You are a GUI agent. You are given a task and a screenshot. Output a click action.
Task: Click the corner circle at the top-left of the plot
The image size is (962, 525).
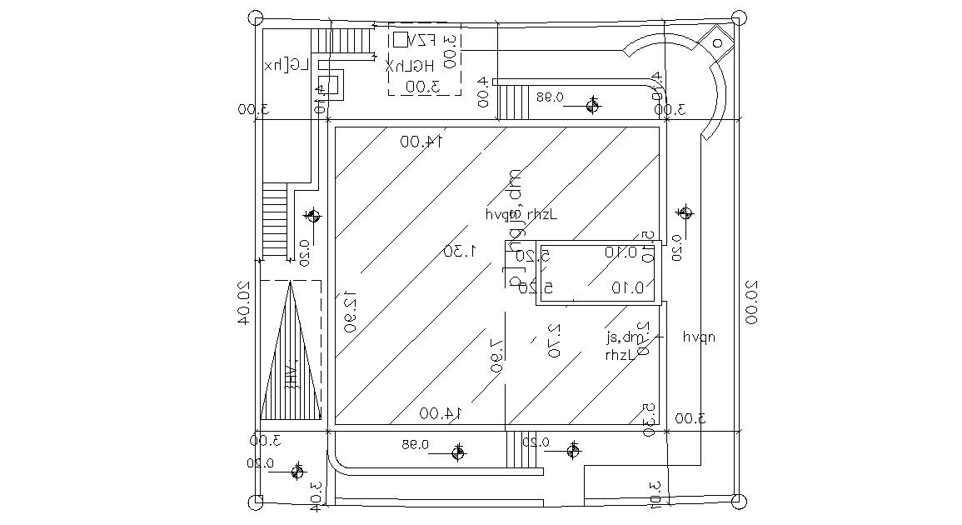tap(257, 17)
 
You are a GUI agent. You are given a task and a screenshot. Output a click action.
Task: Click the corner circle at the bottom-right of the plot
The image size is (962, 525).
tap(737, 500)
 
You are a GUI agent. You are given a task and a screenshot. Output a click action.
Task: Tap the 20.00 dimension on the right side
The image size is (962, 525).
tap(750, 302)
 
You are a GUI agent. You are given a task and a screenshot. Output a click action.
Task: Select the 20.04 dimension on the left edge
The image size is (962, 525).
tap(243, 302)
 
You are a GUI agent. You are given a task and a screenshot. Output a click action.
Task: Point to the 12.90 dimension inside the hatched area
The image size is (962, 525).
tap(350, 311)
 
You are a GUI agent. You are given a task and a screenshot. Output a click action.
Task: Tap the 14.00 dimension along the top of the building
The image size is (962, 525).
tap(421, 142)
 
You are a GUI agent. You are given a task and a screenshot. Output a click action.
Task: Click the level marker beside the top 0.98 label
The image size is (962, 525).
tap(592, 105)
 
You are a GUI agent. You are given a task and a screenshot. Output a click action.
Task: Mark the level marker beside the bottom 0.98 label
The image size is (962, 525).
tap(457, 452)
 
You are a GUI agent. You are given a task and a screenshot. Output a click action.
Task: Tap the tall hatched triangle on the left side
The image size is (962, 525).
tap(291, 358)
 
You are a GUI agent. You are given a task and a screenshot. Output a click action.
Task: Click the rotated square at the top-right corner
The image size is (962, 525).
tap(716, 41)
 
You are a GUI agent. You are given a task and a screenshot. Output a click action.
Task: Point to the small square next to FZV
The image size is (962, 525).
tap(401, 39)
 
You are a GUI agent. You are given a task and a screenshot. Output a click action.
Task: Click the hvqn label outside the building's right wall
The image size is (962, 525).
tap(699, 337)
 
